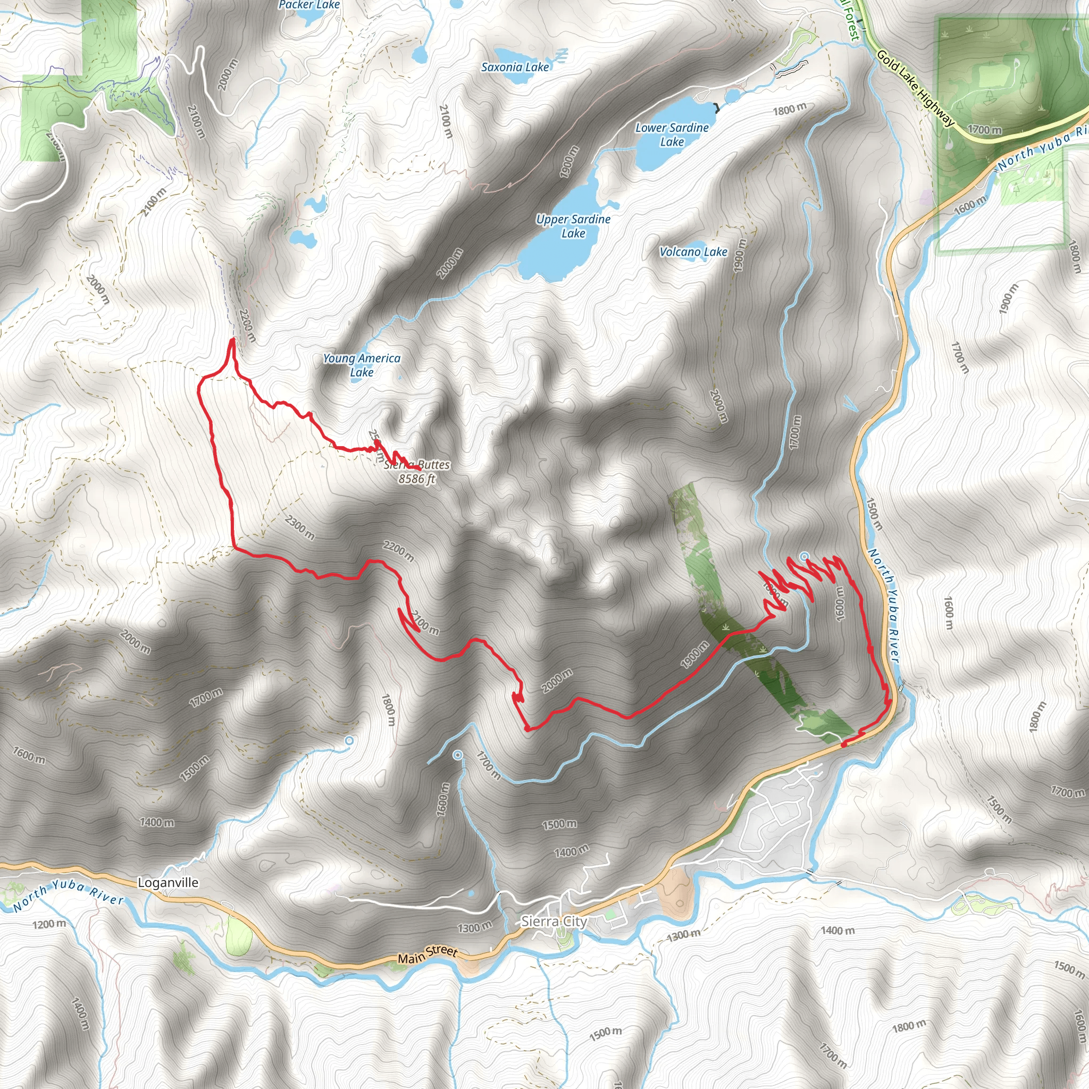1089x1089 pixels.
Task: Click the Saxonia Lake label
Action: [515, 67]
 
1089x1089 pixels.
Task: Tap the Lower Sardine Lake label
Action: [672, 135]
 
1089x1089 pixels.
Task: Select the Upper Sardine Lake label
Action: [573, 226]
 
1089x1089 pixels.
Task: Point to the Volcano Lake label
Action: [693, 252]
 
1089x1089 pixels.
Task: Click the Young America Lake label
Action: [362, 365]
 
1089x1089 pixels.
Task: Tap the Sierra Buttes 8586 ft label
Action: [417, 472]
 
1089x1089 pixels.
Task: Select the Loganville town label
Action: [168, 883]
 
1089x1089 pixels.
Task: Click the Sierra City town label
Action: [554, 921]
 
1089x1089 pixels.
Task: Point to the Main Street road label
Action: [428, 954]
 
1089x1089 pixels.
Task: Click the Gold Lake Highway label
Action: [916, 88]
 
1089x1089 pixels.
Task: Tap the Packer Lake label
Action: [309, 5]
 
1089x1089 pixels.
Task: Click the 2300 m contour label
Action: [300, 527]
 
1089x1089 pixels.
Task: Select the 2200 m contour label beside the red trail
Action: [398, 551]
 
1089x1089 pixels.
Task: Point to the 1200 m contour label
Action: [49, 924]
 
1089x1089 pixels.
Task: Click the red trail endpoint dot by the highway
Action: [844, 744]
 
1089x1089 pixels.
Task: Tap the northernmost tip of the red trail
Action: [232, 339]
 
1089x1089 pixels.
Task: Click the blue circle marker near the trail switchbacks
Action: [805, 556]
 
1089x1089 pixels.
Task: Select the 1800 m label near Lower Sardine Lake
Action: [789, 110]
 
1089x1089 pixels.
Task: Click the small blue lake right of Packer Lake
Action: [420, 55]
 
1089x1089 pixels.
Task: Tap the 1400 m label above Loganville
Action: [157, 823]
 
